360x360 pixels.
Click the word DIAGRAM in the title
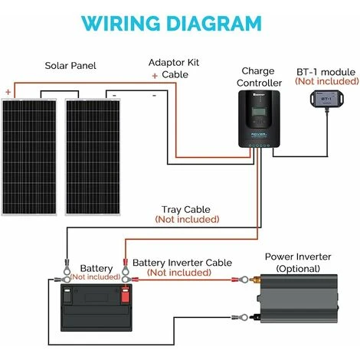[214, 23]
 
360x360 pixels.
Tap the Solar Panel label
[70, 66]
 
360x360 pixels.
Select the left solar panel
[29, 157]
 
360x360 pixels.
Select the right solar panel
[93, 157]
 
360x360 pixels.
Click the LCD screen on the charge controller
[259, 113]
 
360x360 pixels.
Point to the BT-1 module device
[327, 98]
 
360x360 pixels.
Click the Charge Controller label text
[259, 77]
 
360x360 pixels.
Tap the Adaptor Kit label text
[174, 63]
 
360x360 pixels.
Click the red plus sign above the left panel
[8, 92]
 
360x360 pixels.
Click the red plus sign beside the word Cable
[155, 76]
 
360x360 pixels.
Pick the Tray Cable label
[186, 210]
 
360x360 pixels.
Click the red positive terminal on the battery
[125, 294]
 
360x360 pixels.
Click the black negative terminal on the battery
[67, 295]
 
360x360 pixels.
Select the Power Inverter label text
[298, 257]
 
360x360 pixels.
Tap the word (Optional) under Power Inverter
[298, 269]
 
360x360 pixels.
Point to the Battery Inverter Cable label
[182, 263]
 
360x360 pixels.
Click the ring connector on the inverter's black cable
[244, 318]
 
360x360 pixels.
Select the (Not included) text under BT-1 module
[327, 81]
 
